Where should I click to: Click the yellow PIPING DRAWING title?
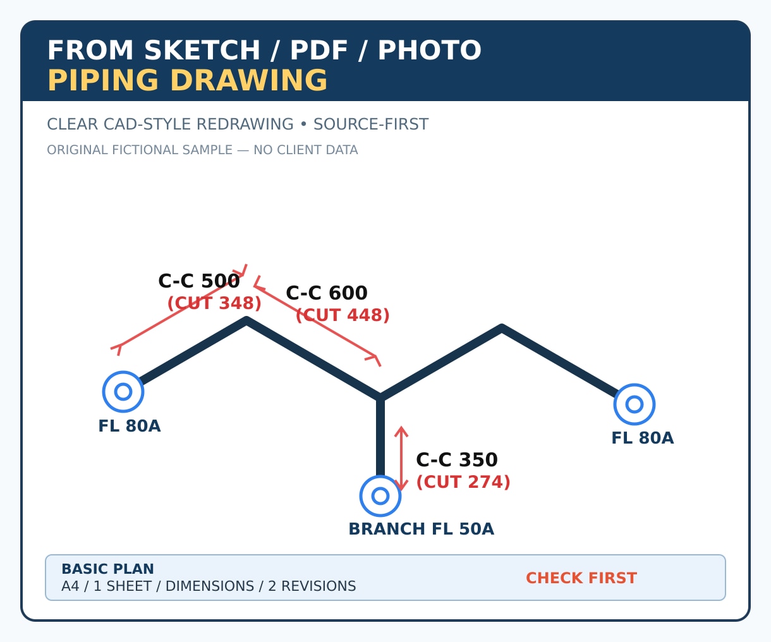tap(187, 80)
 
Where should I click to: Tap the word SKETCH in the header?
tap(202, 50)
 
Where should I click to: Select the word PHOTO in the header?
tap(430, 50)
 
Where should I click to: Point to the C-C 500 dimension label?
tap(198, 281)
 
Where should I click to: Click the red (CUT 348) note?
tap(214, 303)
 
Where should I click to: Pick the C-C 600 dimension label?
tap(327, 293)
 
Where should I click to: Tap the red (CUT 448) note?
tap(343, 315)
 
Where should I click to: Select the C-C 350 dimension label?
tap(457, 460)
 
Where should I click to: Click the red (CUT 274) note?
tap(463, 481)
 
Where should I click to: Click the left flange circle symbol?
tap(123, 372)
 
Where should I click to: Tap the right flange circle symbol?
tap(634, 384)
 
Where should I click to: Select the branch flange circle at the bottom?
tap(380, 476)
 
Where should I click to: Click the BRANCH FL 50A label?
tap(422, 529)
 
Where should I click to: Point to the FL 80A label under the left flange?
tap(130, 426)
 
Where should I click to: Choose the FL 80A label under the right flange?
tap(643, 438)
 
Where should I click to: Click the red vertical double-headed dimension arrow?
tap(401, 459)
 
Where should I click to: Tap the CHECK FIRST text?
tap(581, 578)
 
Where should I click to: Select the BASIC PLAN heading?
tap(107, 569)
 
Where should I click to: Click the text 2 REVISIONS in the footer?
tap(312, 586)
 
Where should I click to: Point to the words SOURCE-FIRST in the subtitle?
tap(371, 124)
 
